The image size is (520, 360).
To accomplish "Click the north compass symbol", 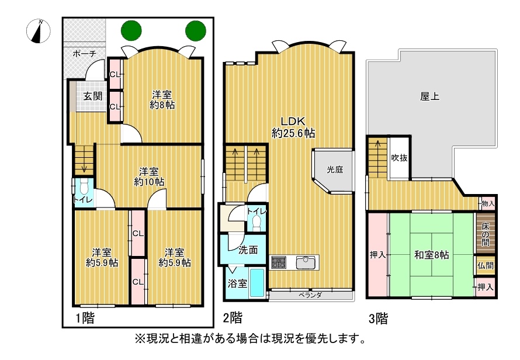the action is (39, 31).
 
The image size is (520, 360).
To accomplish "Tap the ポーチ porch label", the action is (84, 53).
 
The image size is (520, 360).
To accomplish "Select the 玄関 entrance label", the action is (92, 96).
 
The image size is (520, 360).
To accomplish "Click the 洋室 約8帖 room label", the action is (162, 100).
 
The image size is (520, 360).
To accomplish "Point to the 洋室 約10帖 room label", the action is (149, 177).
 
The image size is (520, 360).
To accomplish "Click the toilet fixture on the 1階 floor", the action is (83, 188).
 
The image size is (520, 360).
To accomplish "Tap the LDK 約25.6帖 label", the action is (293, 127).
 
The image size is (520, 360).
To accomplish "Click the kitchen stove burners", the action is (278, 262).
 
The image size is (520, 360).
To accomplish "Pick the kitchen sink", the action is (307, 263).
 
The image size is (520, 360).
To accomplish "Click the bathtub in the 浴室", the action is (256, 283).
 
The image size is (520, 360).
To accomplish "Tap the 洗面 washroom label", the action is (248, 250).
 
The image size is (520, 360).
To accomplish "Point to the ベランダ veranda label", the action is (310, 295).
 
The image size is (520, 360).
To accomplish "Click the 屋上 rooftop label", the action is (430, 96).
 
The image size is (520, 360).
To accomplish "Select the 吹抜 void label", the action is (399, 158).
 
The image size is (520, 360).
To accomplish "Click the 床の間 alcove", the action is (486, 234).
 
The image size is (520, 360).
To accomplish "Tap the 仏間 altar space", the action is (485, 265).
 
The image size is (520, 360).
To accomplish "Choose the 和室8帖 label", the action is (431, 255).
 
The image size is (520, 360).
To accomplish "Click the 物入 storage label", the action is (488, 204).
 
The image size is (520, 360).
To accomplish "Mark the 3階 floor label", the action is (379, 319).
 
